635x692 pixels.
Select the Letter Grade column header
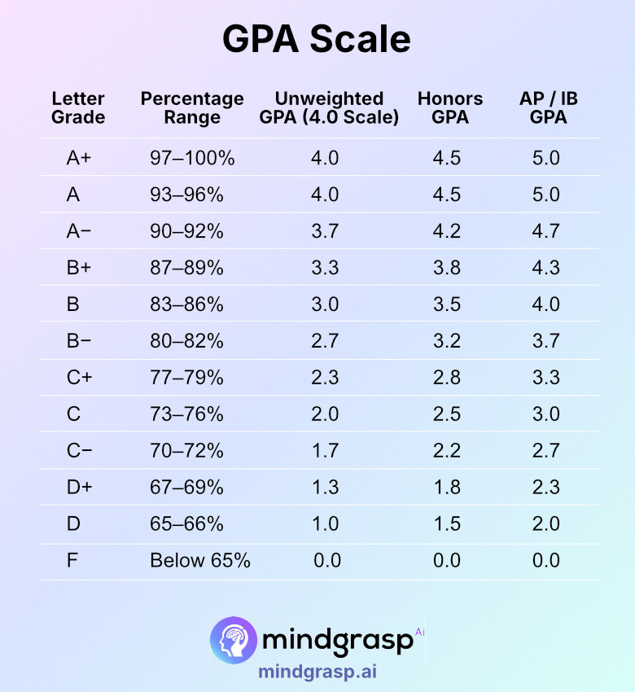[x=78, y=107]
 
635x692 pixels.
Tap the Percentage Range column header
[x=192, y=107]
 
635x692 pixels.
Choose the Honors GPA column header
[x=450, y=107]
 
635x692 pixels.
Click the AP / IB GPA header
[x=548, y=107]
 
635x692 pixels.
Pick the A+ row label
[x=79, y=158]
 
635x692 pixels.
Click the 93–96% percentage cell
[x=186, y=195]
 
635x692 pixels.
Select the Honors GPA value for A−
[x=447, y=231]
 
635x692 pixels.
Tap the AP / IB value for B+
[x=545, y=268]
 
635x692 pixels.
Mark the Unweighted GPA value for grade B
[x=325, y=304]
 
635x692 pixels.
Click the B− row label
[x=79, y=341]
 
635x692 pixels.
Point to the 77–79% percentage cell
[x=186, y=378]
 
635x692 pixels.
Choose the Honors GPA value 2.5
[x=447, y=414]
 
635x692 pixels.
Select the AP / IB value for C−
[x=545, y=451]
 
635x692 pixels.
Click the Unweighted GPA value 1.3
[x=325, y=488]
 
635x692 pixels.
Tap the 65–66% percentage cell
[x=186, y=524]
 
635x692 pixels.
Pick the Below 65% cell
[x=200, y=561]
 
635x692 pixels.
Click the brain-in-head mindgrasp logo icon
[x=234, y=639]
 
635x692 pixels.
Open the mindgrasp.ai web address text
[x=317, y=672]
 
